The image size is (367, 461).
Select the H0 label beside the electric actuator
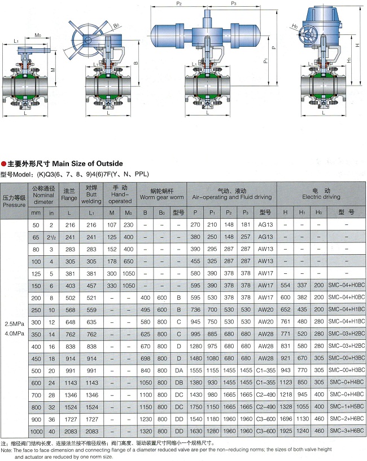tap(295, 26)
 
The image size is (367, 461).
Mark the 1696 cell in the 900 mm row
tap(286, 419)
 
